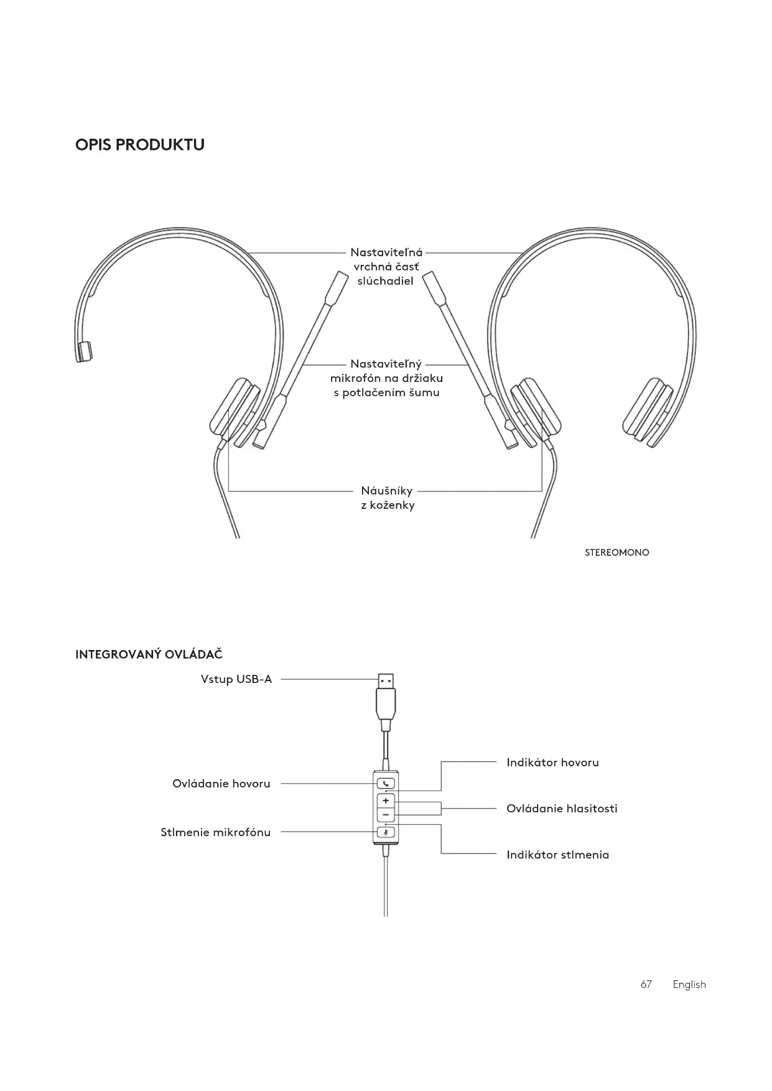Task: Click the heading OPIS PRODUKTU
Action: [140, 145]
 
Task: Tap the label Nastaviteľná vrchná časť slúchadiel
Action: [386, 266]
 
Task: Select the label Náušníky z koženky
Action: [387, 498]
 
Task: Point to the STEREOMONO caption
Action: [616, 552]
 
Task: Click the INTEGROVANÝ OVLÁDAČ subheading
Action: [149, 654]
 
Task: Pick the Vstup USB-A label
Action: [236, 679]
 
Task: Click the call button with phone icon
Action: [386, 784]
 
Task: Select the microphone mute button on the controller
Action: [386, 832]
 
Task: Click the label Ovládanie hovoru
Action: [221, 784]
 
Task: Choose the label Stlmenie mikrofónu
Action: [215, 832]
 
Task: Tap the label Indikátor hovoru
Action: [552, 763]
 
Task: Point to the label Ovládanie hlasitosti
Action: [562, 809]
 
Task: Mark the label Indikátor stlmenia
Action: [557, 855]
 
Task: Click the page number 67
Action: [646, 984]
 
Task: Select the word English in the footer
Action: [689, 984]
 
